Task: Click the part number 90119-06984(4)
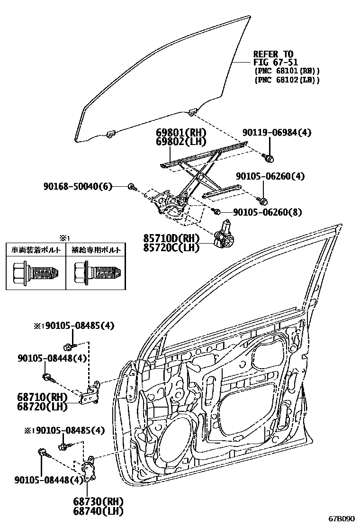click(x=278, y=133)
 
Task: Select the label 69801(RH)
click(x=180, y=133)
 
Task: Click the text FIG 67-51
click(x=273, y=62)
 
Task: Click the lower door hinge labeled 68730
click(x=89, y=471)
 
